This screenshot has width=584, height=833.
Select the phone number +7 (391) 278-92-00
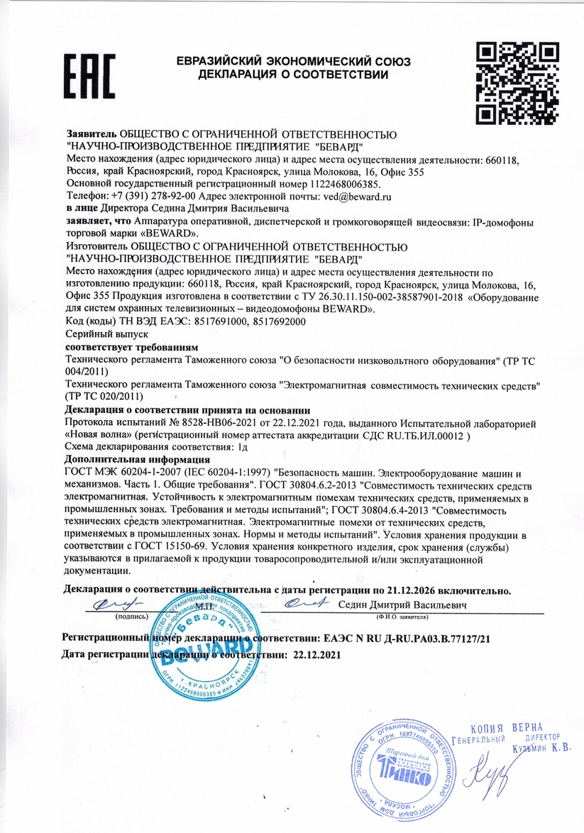point(148,195)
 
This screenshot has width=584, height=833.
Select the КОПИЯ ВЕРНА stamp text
point(507,728)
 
